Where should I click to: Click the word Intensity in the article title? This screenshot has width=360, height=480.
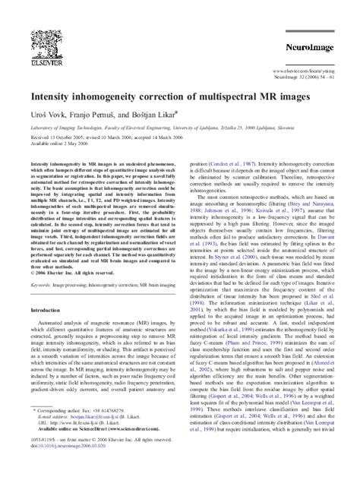click(49, 99)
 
